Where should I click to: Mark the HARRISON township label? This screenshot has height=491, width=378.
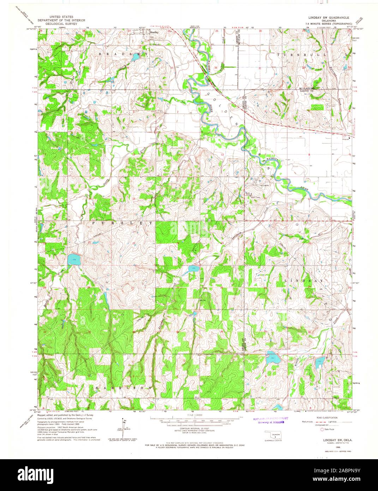tap(125, 388)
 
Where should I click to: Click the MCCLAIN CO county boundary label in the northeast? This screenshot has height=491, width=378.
tap(306, 88)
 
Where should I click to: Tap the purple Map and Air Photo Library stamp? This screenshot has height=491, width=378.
tap(271, 420)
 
